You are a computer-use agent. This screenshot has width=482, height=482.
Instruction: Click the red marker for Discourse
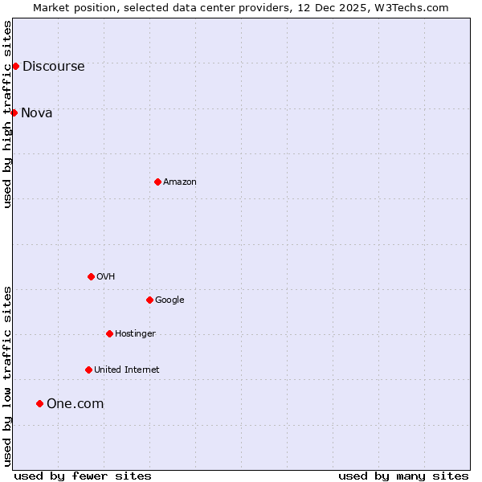(15, 66)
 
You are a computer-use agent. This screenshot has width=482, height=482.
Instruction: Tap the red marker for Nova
(14, 112)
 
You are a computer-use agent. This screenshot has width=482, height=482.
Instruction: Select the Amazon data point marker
(157, 182)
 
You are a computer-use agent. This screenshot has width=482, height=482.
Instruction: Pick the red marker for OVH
(91, 276)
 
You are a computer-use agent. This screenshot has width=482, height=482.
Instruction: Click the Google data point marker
(149, 300)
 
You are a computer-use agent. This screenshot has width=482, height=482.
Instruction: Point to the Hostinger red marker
(109, 333)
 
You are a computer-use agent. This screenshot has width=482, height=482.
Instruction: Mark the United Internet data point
(88, 370)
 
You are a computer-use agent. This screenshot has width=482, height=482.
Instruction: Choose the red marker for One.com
(39, 403)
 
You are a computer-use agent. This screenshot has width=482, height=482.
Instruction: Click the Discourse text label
(53, 67)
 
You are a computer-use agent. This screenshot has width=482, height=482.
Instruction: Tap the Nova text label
(37, 113)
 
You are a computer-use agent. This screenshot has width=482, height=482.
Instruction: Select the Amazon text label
(180, 182)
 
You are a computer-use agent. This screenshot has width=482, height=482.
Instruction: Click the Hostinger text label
(135, 334)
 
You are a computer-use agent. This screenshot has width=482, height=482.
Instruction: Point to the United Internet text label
(126, 370)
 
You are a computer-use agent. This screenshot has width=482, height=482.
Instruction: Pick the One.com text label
(75, 404)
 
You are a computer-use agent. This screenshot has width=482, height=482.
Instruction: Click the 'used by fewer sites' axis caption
(83, 476)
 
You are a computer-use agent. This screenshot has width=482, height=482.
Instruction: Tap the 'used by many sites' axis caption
(403, 476)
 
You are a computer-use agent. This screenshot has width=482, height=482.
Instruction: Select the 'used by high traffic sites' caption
(8, 114)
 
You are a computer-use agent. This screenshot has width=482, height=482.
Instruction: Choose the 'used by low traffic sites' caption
(8, 375)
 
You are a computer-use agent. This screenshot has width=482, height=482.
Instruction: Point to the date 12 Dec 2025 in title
(333, 7)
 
